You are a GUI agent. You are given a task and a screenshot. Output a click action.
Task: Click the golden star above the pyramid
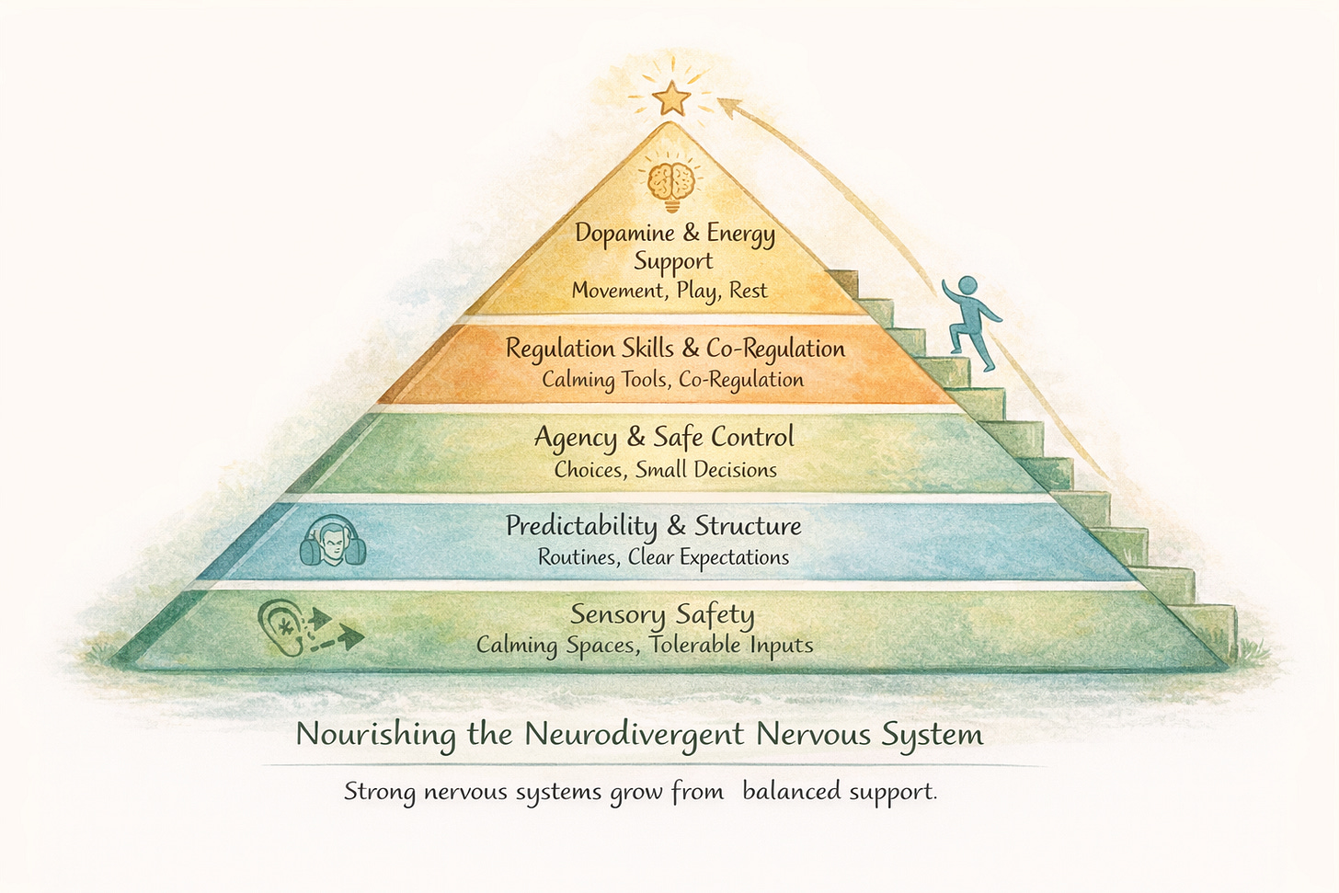(673, 97)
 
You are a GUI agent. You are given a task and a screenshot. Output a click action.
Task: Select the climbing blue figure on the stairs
(970, 322)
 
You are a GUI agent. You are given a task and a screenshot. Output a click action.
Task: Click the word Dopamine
(624, 233)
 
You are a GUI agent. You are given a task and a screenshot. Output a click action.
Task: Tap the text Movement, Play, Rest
(669, 291)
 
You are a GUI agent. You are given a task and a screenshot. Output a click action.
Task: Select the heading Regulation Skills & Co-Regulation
(675, 349)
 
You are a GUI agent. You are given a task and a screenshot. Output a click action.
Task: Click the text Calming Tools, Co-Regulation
(672, 379)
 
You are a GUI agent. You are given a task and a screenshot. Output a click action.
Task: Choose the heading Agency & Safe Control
(664, 437)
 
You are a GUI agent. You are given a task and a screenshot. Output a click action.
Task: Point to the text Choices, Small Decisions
(665, 469)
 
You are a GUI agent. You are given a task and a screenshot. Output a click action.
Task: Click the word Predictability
(581, 526)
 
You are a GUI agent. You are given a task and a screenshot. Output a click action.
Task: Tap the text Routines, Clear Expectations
(663, 557)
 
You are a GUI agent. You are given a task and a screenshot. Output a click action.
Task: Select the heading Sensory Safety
(662, 613)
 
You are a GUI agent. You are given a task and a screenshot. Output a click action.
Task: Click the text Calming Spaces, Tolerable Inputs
(645, 645)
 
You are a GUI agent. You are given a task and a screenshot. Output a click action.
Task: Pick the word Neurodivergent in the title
(635, 734)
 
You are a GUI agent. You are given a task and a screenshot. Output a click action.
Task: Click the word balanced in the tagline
(790, 791)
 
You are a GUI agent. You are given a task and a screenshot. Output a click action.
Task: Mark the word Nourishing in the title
(376, 735)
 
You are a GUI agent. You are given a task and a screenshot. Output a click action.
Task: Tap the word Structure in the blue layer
(748, 526)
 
